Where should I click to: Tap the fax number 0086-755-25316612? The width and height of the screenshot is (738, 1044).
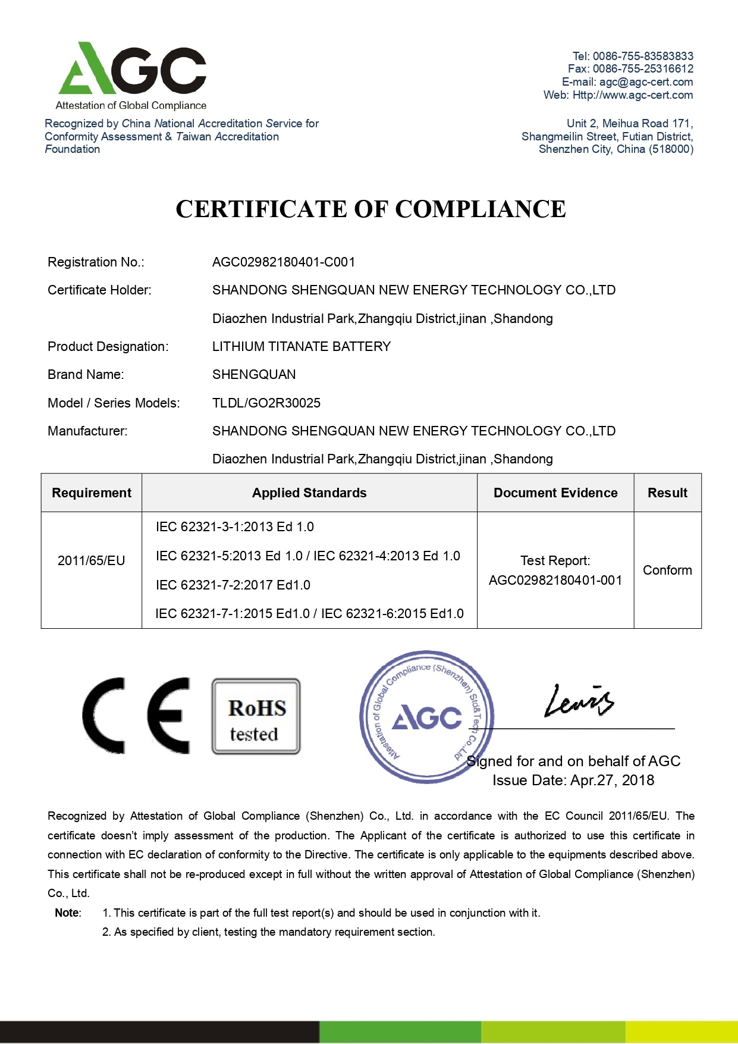pos(642,69)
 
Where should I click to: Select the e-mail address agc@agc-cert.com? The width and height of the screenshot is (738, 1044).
pos(646,82)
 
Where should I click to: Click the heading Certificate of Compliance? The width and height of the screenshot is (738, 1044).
pos(370,209)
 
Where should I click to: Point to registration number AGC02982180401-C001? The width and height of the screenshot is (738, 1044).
pos(284,262)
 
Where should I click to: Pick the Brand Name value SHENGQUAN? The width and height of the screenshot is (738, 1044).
pos(254,375)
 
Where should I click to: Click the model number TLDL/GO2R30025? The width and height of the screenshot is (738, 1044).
pos(266,403)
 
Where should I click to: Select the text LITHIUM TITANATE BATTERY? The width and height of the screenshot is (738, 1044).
pos(302,347)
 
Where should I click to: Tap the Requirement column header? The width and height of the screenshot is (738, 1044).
pos(92,493)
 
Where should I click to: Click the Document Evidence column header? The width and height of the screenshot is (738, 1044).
pos(555,493)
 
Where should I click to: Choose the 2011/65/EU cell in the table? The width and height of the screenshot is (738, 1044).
pos(92,561)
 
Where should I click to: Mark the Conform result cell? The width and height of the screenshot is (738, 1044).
pos(667,570)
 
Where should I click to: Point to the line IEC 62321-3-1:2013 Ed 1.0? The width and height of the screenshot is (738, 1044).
pos(235,527)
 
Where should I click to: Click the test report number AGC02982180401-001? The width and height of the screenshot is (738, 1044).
pos(555,581)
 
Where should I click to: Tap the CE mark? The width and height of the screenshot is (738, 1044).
pos(136,716)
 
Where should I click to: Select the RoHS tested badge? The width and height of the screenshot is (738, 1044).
pos(256,717)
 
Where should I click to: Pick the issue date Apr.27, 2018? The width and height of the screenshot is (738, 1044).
pos(612,780)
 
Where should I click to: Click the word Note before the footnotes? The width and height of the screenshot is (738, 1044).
pos(67,913)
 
